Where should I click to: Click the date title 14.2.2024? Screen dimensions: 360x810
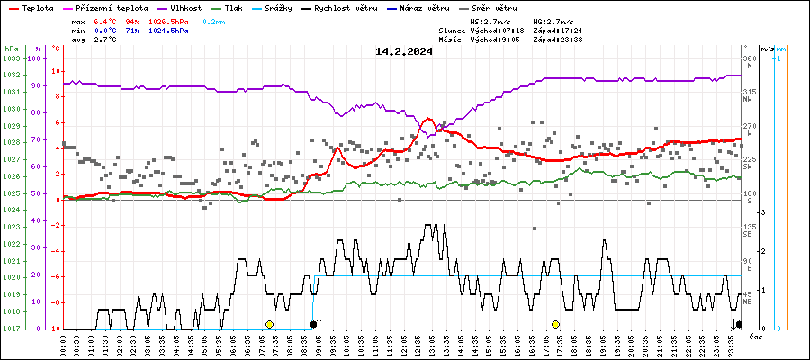(x=404, y=51)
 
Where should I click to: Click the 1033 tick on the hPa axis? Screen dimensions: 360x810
(x=11, y=58)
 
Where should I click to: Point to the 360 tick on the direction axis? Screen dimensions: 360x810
(x=749, y=58)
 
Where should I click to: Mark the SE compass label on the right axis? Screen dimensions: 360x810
(x=748, y=234)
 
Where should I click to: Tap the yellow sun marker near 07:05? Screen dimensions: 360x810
(x=269, y=324)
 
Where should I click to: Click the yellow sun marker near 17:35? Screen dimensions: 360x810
(x=556, y=324)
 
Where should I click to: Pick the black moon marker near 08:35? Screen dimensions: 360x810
(x=313, y=324)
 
